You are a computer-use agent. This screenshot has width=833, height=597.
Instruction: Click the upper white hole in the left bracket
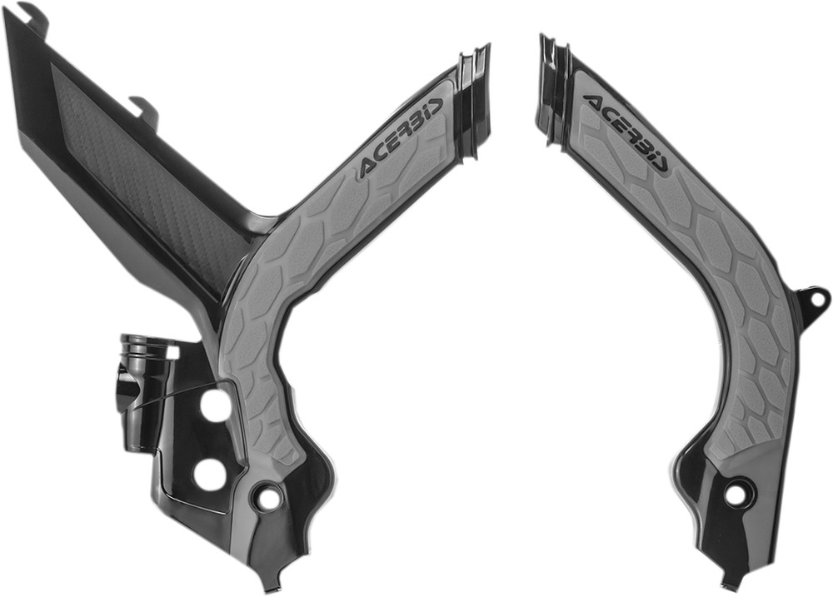coord(216,405)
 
